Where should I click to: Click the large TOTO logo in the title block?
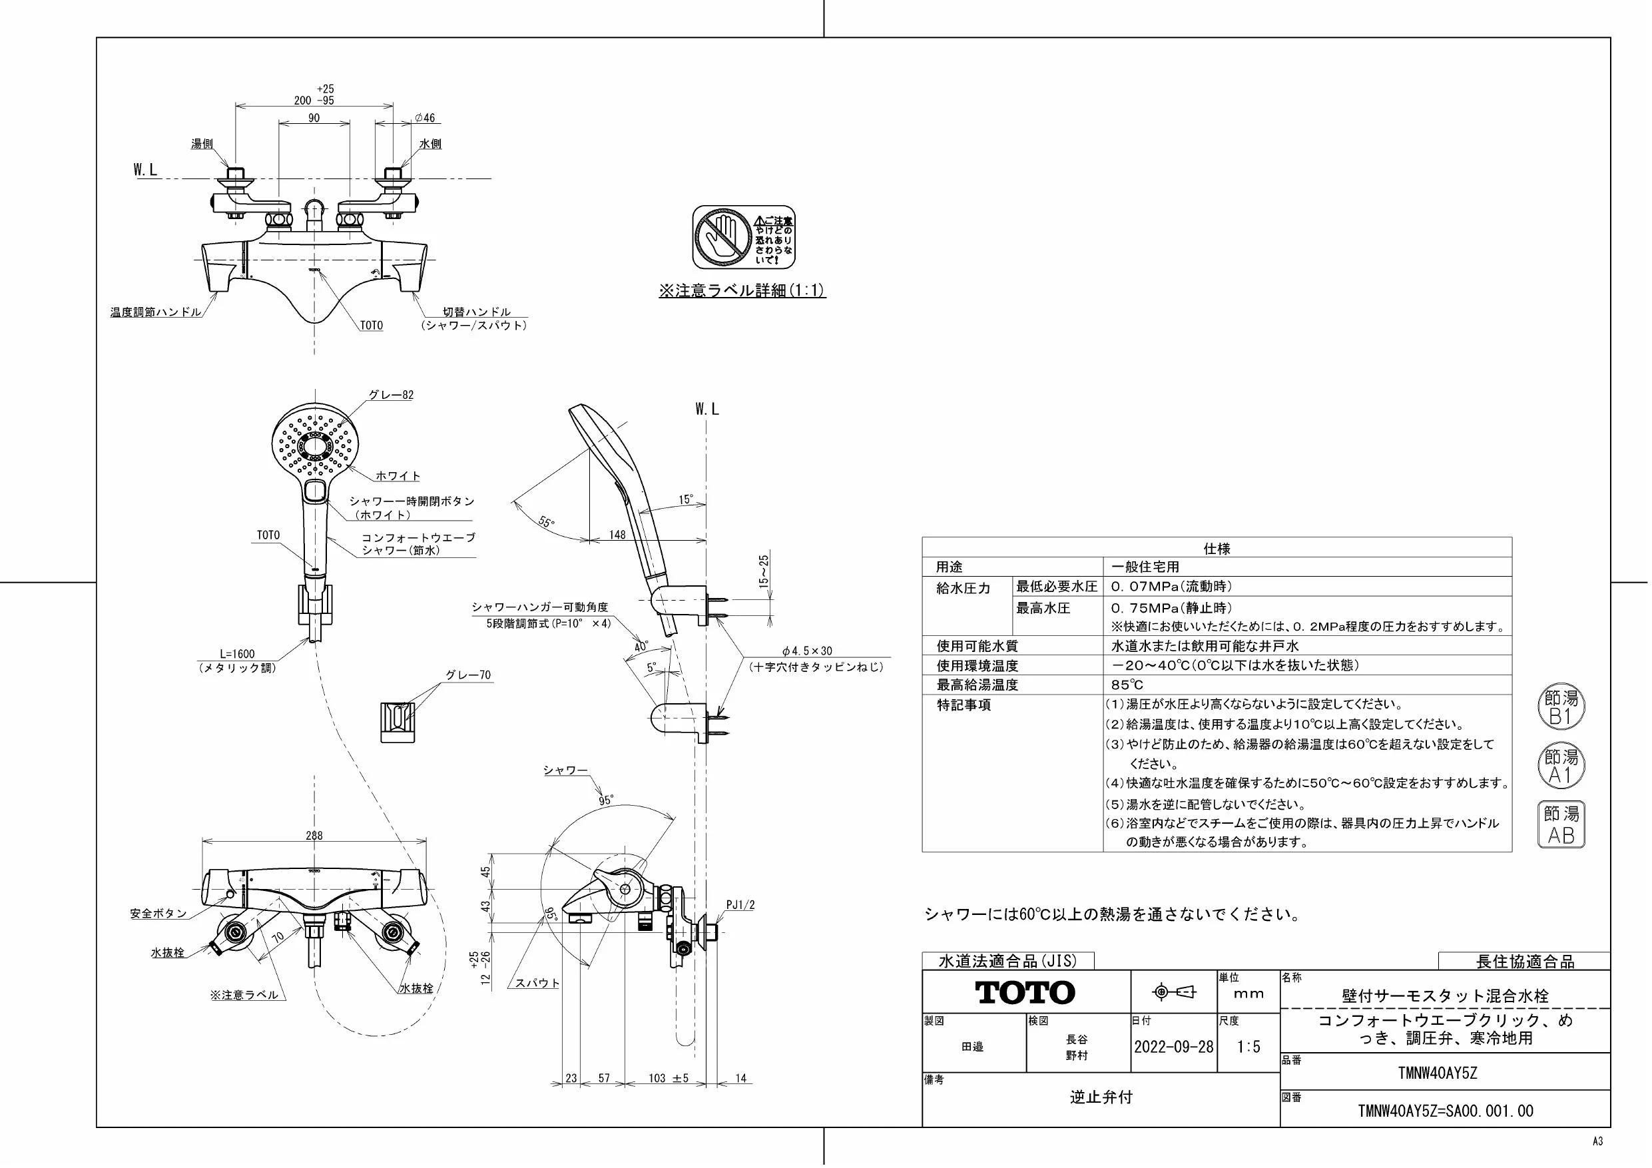(1025, 992)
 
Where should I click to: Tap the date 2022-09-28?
(1173, 1047)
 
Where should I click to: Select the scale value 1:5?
(1248, 1047)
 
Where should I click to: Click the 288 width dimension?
(314, 836)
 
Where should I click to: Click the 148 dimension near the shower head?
(617, 535)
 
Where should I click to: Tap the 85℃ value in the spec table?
(1127, 685)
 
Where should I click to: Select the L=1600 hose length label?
(237, 654)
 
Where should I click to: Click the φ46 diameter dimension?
(425, 118)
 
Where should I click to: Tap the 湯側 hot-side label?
(202, 144)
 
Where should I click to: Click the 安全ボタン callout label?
(158, 913)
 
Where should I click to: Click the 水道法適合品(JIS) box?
(1008, 961)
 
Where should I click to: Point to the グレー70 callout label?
(468, 675)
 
